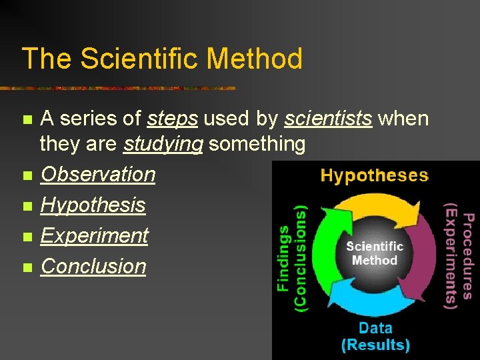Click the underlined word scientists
pyautogui.click(x=327, y=119)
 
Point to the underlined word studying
pyautogui.click(x=163, y=143)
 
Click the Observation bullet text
pyautogui.click(x=98, y=174)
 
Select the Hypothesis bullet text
pyautogui.click(x=93, y=205)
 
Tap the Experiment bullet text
pyautogui.click(x=94, y=235)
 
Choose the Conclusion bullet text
pyautogui.click(x=93, y=266)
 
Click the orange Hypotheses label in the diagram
pyautogui.click(x=374, y=176)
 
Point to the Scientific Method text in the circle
pyautogui.click(x=375, y=253)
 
